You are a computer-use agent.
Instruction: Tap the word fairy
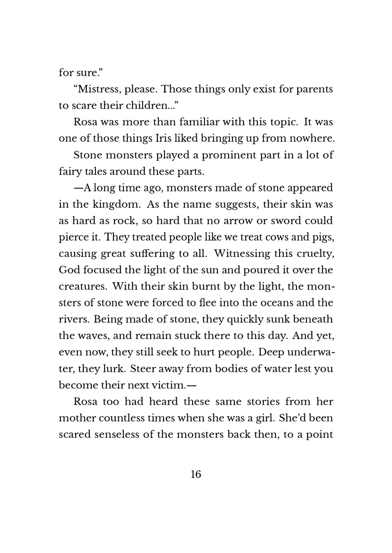[70, 171]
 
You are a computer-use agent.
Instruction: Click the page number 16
[196, 474]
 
